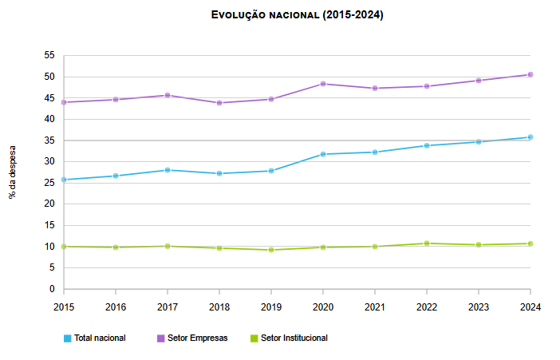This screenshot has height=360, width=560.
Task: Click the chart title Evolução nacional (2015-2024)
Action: [x=297, y=16]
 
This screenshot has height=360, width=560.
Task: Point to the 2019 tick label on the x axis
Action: [x=270, y=306]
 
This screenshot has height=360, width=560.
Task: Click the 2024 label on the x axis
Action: [x=530, y=306]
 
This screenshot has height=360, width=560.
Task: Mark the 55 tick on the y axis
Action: [x=49, y=55]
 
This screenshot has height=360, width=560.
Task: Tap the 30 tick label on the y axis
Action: [x=49, y=161]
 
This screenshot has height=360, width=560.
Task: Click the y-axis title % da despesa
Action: [x=13, y=172]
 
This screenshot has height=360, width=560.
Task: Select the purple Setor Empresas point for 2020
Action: [x=322, y=84]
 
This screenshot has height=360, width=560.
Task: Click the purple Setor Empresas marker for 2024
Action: [x=530, y=74]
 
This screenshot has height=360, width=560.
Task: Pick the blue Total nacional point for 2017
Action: [x=167, y=170]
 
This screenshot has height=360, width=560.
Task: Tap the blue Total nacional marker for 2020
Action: [x=322, y=154]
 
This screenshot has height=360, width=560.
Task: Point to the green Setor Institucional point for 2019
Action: [x=270, y=250]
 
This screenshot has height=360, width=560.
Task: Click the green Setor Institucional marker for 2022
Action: [x=426, y=243]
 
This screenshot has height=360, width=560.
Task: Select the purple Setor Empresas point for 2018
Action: [x=219, y=103]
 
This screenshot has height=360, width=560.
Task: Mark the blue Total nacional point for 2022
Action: [x=426, y=145]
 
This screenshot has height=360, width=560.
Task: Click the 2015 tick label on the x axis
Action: [x=64, y=306]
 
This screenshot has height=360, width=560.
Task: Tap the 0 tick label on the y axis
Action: [x=53, y=289]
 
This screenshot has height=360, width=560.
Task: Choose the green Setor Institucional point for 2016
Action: [x=116, y=247]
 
